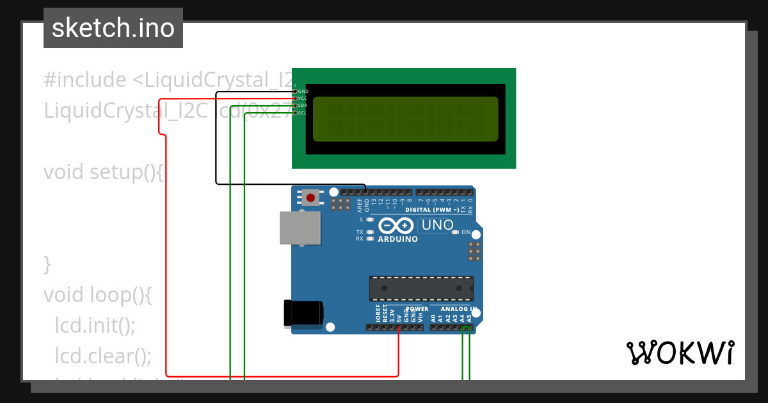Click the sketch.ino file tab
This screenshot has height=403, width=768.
[x=113, y=28]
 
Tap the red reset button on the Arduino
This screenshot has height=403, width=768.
[x=310, y=197]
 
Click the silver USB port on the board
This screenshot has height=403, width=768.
[x=300, y=228]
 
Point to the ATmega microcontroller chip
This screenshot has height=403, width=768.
[x=421, y=288]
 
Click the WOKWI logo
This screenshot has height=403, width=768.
[x=680, y=352]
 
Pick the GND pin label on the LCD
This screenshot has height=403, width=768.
[x=303, y=91]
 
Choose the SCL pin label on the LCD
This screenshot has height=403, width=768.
[x=303, y=113]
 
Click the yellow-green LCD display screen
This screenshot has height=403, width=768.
[x=405, y=119]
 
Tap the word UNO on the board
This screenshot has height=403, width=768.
[x=438, y=225]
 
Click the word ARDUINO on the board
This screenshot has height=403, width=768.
[x=397, y=239]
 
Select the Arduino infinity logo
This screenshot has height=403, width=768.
[x=396, y=225]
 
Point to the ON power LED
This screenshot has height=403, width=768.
[x=455, y=232]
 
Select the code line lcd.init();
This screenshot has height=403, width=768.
[x=95, y=325]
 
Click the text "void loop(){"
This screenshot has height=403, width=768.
[x=98, y=294]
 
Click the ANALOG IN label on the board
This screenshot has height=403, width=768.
[x=459, y=309]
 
